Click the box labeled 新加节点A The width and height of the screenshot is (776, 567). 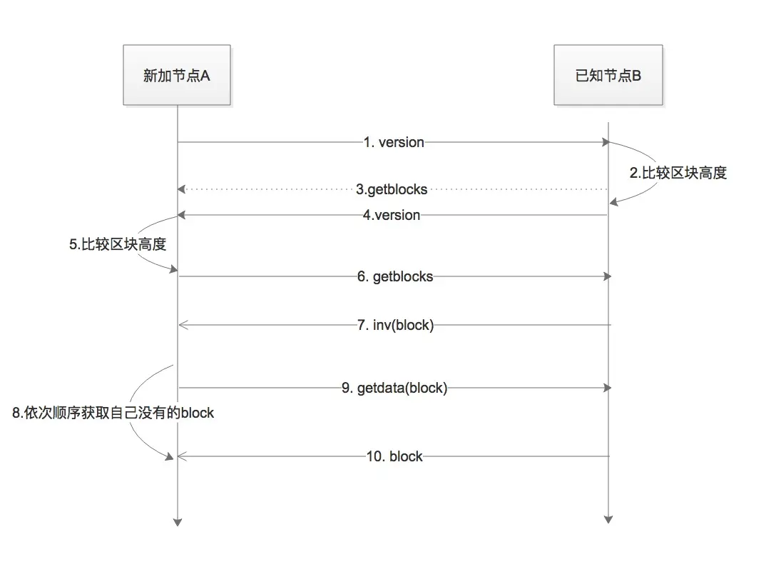click(x=177, y=75)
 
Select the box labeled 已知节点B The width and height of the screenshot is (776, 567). click(x=608, y=75)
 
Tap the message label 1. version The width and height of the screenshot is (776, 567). click(x=393, y=142)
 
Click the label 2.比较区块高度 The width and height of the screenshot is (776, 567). click(x=678, y=173)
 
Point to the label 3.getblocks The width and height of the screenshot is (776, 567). click(x=392, y=189)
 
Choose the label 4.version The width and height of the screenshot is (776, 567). click(x=391, y=215)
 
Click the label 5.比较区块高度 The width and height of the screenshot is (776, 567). click(x=118, y=244)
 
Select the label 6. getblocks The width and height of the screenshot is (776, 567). click(x=395, y=276)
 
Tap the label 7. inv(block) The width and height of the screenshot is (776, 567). click(x=394, y=326)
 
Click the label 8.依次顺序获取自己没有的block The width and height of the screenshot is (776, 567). click(x=113, y=413)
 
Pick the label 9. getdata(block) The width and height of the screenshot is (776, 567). click(x=394, y=388)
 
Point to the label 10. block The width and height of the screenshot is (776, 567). click(x=394, y=456)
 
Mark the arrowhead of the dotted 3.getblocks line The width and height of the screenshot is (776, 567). click(x=182, y=189)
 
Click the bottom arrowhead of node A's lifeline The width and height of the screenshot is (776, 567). click(x=178, y=522)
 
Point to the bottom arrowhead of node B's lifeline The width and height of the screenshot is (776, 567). click(x=608, y=519)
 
